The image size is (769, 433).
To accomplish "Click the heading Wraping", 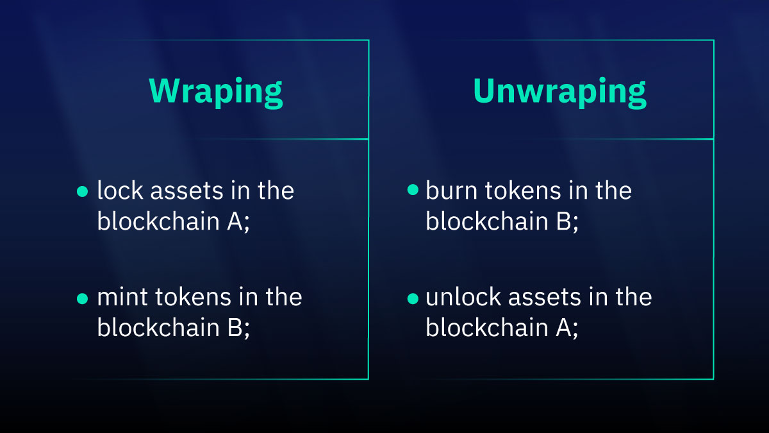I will click(x=216, y=92).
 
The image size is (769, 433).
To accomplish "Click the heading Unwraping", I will click(x=559, y=92).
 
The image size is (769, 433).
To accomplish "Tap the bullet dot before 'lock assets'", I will click(x=81, y=191).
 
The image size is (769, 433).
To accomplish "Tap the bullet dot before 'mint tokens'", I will click(x=81, y=298).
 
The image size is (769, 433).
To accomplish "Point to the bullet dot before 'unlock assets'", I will click(x=412, y=298).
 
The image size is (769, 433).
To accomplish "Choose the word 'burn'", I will click(x=447, y=191).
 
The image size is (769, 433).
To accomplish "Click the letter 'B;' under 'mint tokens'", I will click(x=238, y=328).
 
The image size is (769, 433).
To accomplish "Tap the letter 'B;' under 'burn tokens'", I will click(x=566, y=221).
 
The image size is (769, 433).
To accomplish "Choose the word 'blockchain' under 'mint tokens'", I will click(x=154, y=328).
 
